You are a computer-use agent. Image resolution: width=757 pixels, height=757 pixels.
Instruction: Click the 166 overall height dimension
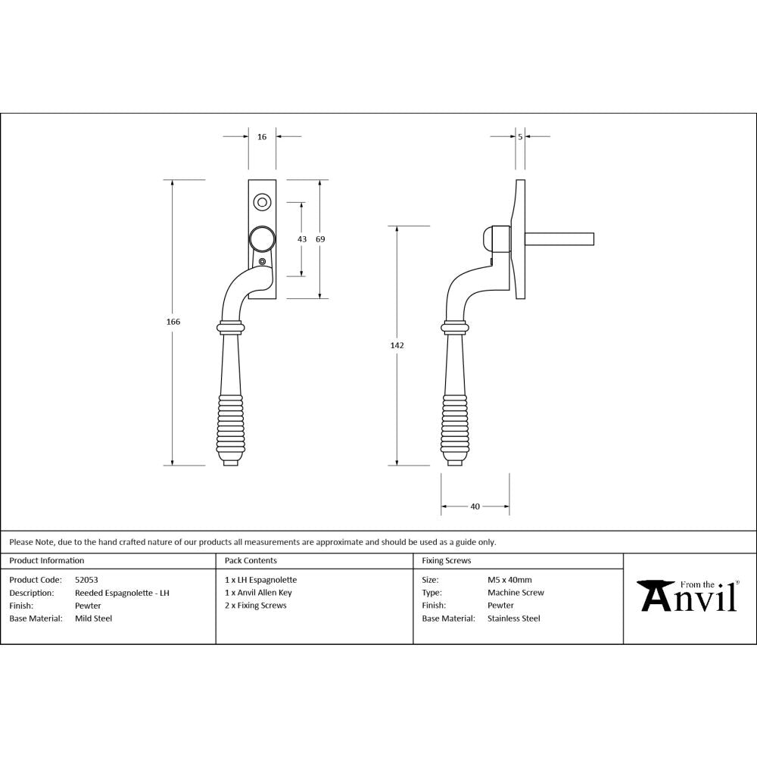click(173, 322)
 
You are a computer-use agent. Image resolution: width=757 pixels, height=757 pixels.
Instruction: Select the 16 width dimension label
click(262, 137)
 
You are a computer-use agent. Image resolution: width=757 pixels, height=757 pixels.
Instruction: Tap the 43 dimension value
click(302, 239)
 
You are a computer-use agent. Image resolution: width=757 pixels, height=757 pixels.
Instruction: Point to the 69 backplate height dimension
click(320, 239)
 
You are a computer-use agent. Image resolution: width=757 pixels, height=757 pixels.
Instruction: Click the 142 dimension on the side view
click(397, 345)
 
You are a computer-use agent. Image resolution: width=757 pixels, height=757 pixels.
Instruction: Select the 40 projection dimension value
click(475, 506)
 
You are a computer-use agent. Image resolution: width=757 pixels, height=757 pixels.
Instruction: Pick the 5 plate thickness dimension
click(520, 137)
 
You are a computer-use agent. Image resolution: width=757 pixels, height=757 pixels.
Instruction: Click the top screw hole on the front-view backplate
click(262, 202)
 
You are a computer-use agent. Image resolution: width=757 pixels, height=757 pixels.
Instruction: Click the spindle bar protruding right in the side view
click(560, 239)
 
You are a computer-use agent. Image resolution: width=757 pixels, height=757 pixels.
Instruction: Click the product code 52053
click(87, 580)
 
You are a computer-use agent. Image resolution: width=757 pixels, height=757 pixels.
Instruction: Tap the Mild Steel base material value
click(93, 618)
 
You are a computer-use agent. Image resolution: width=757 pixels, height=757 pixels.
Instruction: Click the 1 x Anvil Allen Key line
click(258, 593)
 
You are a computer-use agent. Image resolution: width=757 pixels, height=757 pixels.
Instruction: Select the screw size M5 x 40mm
click(509, 580)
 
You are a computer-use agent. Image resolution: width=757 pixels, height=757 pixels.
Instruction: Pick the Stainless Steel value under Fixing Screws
click(513, 618)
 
